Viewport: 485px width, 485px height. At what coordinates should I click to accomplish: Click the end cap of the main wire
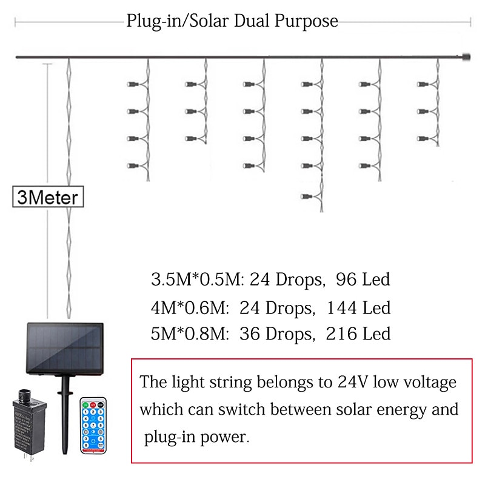pos(466,58)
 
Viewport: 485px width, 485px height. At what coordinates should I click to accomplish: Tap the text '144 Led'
pos(358,308)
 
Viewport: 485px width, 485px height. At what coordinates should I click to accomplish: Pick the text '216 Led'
pos(358,334)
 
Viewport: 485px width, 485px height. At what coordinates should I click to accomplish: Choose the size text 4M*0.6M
pos(186,308)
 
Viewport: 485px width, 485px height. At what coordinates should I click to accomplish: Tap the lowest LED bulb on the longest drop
pos(305,196)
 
